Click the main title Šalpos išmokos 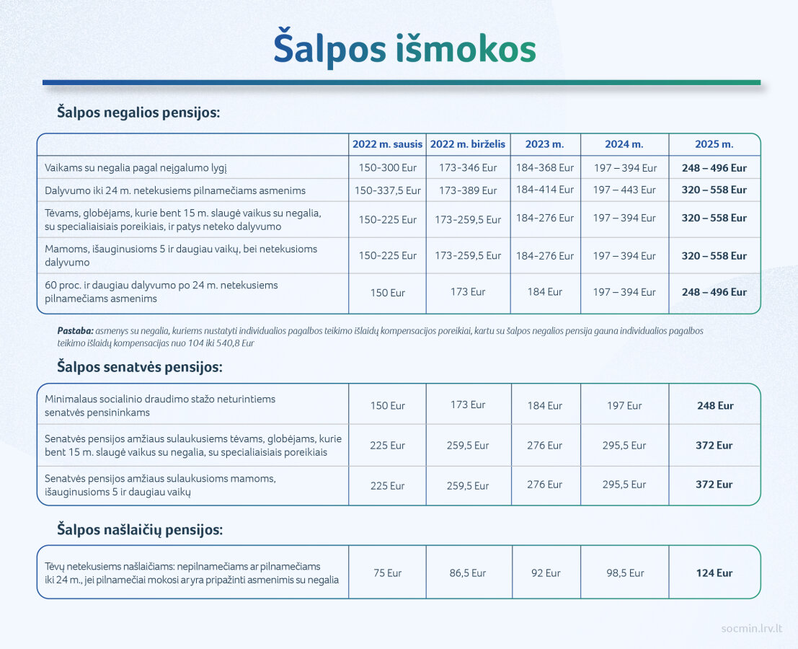(404, 49)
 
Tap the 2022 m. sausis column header (387, 144)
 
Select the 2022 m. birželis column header (468, 144)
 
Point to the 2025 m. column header (714, 144)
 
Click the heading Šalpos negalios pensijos (138, 112)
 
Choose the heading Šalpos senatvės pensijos (139, 367)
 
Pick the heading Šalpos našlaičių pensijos (139, 529)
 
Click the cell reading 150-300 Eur (387, 167)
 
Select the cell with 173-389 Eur (468, 190)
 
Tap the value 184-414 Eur (544, 190)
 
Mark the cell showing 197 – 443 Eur (624, 190)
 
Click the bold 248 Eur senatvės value (715, 406)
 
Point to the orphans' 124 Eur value (714, 573)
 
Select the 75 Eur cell (387, 573)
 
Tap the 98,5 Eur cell (625, 573)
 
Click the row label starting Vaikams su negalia (136, 168)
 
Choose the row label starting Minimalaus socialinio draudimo (160, 406)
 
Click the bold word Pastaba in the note (75, 331)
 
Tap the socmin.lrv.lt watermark (752, 628)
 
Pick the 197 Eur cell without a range (624, 406)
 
